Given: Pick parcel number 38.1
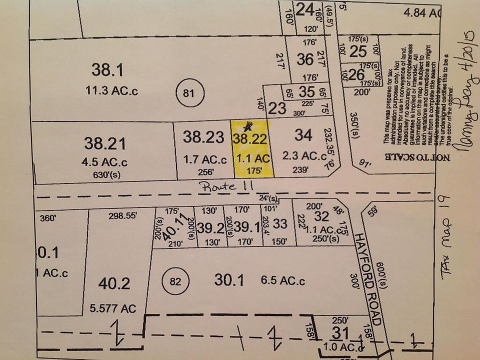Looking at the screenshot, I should (104, 69).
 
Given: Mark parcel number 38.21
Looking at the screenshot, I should (105, 143).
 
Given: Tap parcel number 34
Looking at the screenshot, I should (303, 134).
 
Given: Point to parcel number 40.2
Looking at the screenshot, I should (114, 283).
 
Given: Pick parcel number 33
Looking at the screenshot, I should (280, 224).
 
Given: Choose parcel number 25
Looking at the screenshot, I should (357, 51).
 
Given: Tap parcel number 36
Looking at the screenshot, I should (304, 59).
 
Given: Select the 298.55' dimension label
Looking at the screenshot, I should (122, 216).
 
